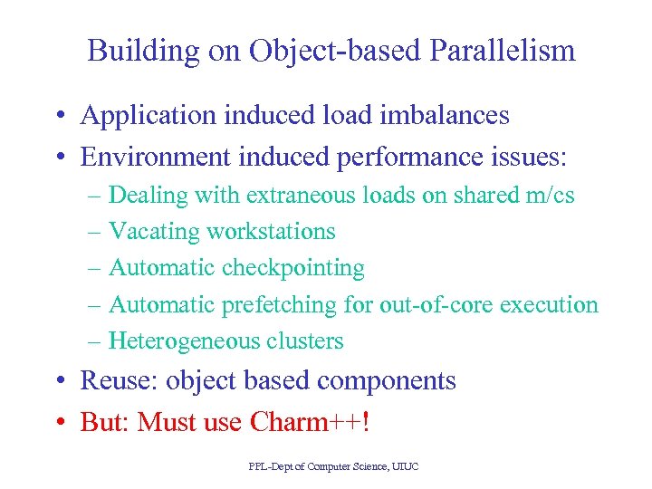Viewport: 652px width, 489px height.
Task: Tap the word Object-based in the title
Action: [x=322, y=51]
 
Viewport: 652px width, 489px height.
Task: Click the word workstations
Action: [x=271, y=232]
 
